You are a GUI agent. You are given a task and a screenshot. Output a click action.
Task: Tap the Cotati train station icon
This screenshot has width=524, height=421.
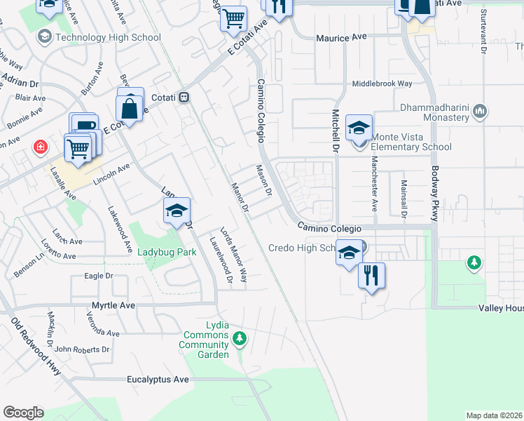point(184,98)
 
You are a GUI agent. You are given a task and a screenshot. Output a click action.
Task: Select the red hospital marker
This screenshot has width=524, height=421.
point(41,147)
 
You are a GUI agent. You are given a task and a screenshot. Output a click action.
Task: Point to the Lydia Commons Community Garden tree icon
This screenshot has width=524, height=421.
point(240,339)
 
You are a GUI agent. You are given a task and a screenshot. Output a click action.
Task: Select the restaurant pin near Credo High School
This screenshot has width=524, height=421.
point(372,275)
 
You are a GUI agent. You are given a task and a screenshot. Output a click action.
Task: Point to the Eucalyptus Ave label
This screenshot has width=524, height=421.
point(158,380)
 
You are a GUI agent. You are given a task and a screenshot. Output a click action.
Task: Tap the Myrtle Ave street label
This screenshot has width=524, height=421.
point(113,306)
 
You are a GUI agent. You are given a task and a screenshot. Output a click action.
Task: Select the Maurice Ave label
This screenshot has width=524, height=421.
point(341,38)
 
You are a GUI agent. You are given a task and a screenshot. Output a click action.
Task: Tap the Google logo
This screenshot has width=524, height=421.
point(23,413)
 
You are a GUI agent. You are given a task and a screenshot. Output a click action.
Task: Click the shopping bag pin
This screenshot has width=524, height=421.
point(130,107)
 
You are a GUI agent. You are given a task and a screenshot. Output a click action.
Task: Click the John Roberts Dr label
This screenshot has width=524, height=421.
point(83,349)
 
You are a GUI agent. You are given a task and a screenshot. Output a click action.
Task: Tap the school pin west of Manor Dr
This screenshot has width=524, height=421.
point(177,210)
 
